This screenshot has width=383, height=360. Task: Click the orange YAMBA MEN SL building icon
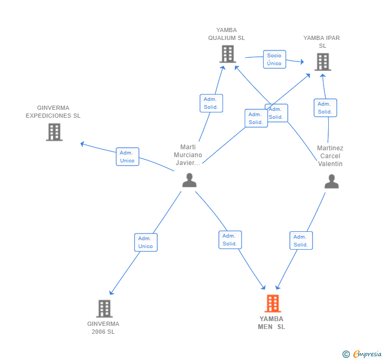(x=273, y=304)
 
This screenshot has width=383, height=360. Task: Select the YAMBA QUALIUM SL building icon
(x=228, y=54)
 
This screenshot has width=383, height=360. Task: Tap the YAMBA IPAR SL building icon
(x=322, y=62)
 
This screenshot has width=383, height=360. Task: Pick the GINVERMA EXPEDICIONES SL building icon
(x=54, y=132)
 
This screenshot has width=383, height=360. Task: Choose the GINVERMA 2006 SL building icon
(x=104, y=308)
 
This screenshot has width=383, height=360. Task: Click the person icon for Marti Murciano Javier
(x=189, y=180)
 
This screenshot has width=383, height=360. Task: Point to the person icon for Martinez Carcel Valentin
(x=331, y=181)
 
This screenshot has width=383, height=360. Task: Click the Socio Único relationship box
(x=274, y=59)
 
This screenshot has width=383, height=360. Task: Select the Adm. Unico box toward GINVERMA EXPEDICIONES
(x=127, y=157)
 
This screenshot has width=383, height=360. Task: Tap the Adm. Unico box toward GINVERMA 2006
(x=146, y=242)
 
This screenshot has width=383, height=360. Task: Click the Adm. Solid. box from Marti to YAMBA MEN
(x=230, y=240)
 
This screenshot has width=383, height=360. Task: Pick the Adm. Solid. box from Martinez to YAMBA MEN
(x=301, y=240)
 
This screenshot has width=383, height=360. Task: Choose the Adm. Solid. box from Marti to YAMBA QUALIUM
(x=211, y=103)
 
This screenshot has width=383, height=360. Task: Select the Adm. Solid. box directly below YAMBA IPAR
(x=325, y=108)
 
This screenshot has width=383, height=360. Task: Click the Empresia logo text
(x=367, y=354)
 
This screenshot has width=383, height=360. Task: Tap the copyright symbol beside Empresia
(x=346, y=354)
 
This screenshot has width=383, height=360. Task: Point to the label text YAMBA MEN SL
(x=271, y=323)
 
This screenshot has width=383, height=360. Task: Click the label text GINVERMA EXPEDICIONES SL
(x=53, y=111)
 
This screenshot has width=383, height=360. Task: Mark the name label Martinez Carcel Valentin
(x=330, y=156)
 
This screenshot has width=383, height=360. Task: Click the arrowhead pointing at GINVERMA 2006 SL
(x=111, y=292)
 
